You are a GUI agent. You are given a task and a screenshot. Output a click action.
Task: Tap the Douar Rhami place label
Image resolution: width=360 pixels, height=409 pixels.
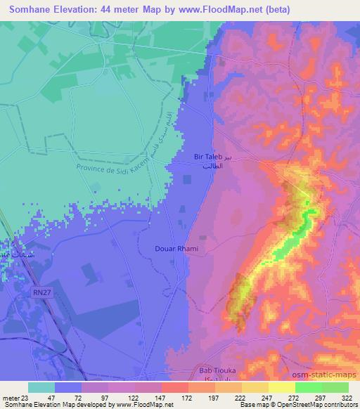click(176, 249)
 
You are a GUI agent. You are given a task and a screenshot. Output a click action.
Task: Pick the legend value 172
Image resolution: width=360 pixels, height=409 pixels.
click(188, 397)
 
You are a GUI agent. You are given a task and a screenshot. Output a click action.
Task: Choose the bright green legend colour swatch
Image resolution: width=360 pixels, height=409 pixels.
click(308, 387)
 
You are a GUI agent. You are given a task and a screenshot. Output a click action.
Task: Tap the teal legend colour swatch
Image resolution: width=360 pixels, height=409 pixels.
click(41, 387)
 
